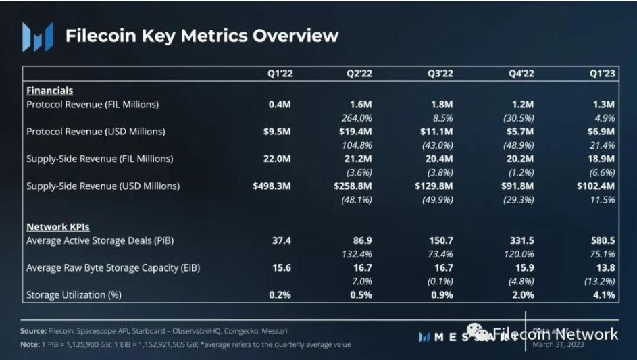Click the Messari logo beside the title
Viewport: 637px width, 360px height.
coord(37,36)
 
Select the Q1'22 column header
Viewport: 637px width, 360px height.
coord(279,74)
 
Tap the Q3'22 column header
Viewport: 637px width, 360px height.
coord(441,74)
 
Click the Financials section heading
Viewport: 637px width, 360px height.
coord(49,91)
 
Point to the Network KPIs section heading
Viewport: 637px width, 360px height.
coord(57,227)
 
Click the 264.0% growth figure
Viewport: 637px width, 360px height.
coord(357,118)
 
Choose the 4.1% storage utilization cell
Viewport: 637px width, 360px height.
coord(603,295)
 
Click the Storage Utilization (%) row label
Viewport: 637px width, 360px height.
coord(75,295)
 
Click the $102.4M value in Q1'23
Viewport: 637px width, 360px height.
coord(596,186)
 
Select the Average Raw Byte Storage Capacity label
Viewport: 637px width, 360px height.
coord(113,268)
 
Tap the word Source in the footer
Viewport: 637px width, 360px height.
coord(33,332)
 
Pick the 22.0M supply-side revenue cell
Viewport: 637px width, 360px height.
coord(277,159)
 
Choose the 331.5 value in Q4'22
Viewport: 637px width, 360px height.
coord(521,240)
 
